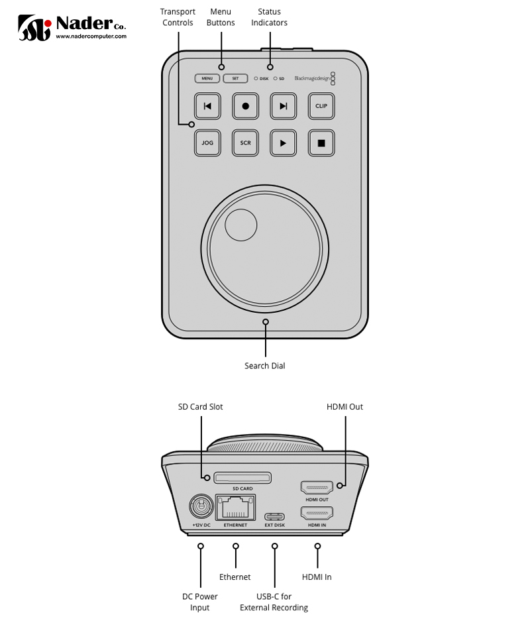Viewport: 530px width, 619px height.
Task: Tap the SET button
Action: (235, 78)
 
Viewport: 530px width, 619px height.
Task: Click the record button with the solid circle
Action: (245, 106)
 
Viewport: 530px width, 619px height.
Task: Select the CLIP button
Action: (321, 106)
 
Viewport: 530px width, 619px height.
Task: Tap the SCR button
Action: (245, 142)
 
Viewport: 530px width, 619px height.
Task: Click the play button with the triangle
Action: (284, 142)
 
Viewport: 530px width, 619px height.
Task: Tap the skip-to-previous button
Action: (207, 106)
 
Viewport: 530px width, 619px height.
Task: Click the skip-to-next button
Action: (284, 106)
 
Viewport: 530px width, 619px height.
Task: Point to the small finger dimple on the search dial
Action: (240, 224)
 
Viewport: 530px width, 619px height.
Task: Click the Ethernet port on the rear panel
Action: (235, 508)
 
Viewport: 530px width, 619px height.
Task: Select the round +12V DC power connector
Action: (201, 507)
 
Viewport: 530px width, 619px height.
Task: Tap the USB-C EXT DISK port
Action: (274, 517)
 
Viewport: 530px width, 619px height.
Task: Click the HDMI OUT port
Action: (317, 488)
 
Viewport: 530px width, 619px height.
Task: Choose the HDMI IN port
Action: (317, 513)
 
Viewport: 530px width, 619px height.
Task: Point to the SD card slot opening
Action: (242, 477)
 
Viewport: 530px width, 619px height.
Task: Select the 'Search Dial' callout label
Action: (265, 366)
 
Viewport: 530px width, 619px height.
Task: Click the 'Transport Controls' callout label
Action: (178, 17)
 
